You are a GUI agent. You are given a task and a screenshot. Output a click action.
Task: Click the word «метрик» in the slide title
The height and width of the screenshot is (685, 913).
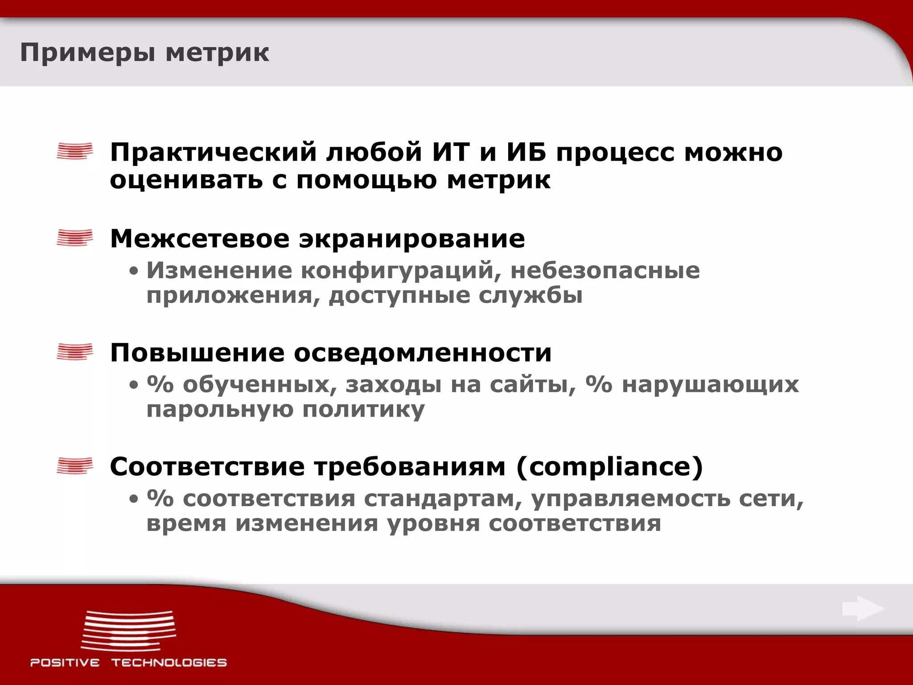point(217,53)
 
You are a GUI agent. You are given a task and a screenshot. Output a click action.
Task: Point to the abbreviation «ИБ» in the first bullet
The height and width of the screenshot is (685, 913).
point(526,152)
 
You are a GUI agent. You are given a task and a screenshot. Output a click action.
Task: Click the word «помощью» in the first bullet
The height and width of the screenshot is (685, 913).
point(366,180)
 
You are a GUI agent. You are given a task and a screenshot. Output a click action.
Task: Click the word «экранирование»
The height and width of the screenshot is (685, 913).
point(411,239)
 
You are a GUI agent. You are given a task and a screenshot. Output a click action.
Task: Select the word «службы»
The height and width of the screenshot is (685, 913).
point(531,295)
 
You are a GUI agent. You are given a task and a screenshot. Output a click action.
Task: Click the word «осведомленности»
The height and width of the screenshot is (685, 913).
point(423,353)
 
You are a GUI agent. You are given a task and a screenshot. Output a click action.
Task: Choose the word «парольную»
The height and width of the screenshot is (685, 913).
point(220,409)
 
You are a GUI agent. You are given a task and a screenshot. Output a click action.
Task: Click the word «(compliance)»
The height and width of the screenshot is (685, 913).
point(609,467)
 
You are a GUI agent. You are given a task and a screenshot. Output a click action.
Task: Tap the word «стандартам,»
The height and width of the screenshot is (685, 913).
point(443,499)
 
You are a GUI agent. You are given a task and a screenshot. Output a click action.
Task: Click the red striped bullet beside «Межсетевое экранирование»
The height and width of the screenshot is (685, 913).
point(75,238)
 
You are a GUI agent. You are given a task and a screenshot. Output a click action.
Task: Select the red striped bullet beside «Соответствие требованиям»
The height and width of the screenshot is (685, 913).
point(75,466)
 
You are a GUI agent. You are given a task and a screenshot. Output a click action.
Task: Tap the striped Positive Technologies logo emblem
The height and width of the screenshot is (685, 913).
point(128,630)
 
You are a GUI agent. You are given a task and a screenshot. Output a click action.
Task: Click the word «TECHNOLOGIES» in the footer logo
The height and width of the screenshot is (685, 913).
point(169,663)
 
